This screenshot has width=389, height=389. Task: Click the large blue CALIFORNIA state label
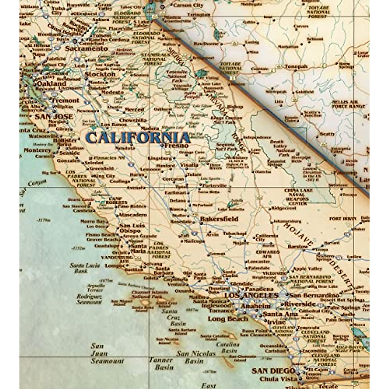[138, 138]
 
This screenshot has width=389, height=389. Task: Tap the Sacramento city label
[86, 49]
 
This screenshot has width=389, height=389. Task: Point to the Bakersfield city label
[219, 219]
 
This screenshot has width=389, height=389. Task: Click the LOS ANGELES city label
[251, 295]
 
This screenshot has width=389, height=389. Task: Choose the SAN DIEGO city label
[273, 371]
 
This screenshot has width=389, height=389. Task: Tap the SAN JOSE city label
[54, 117]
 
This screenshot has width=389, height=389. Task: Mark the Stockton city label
[100, 74]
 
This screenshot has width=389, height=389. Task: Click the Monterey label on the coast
[38, 150]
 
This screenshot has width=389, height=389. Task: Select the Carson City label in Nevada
[188, 6]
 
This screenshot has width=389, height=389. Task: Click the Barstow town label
[298, 247]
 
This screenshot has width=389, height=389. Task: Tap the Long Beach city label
[228, 319]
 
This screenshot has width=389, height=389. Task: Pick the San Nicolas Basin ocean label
[196, 357]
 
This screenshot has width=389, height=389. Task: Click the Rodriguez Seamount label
[89, 299]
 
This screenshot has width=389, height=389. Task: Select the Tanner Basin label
[164, 364]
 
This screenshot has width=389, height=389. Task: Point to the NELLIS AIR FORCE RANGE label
[348, 104]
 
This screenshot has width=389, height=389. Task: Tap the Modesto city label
[112, 92]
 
